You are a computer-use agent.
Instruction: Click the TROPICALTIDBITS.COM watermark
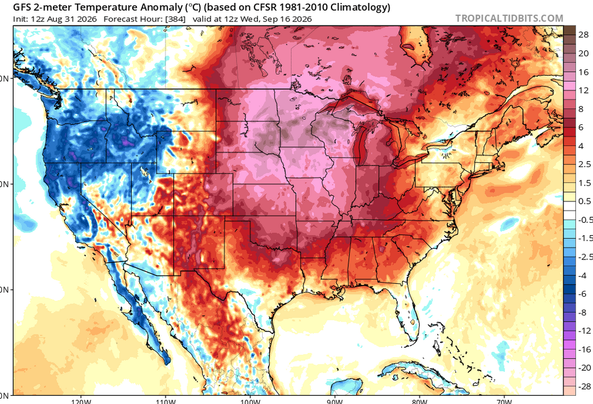click(x=509, y=18)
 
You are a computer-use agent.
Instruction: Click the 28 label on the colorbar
click(x=584, y=35)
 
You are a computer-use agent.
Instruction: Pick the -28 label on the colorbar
click(x=585, y=386)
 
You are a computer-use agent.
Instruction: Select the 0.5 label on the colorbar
click(x=585, y=201)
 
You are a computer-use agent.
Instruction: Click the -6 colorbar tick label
click(x=582, y=294)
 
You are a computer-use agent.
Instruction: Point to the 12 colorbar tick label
click(x=584, y=90)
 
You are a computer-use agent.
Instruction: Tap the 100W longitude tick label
click(x=250, y=401)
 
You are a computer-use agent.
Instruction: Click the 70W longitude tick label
click(x=504, y=401)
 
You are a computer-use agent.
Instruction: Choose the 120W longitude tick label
click(x=81, y=401)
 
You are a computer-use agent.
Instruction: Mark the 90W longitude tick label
click(x=334, y=401)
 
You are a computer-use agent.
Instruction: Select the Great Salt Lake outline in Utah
click(x=144, y=172)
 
